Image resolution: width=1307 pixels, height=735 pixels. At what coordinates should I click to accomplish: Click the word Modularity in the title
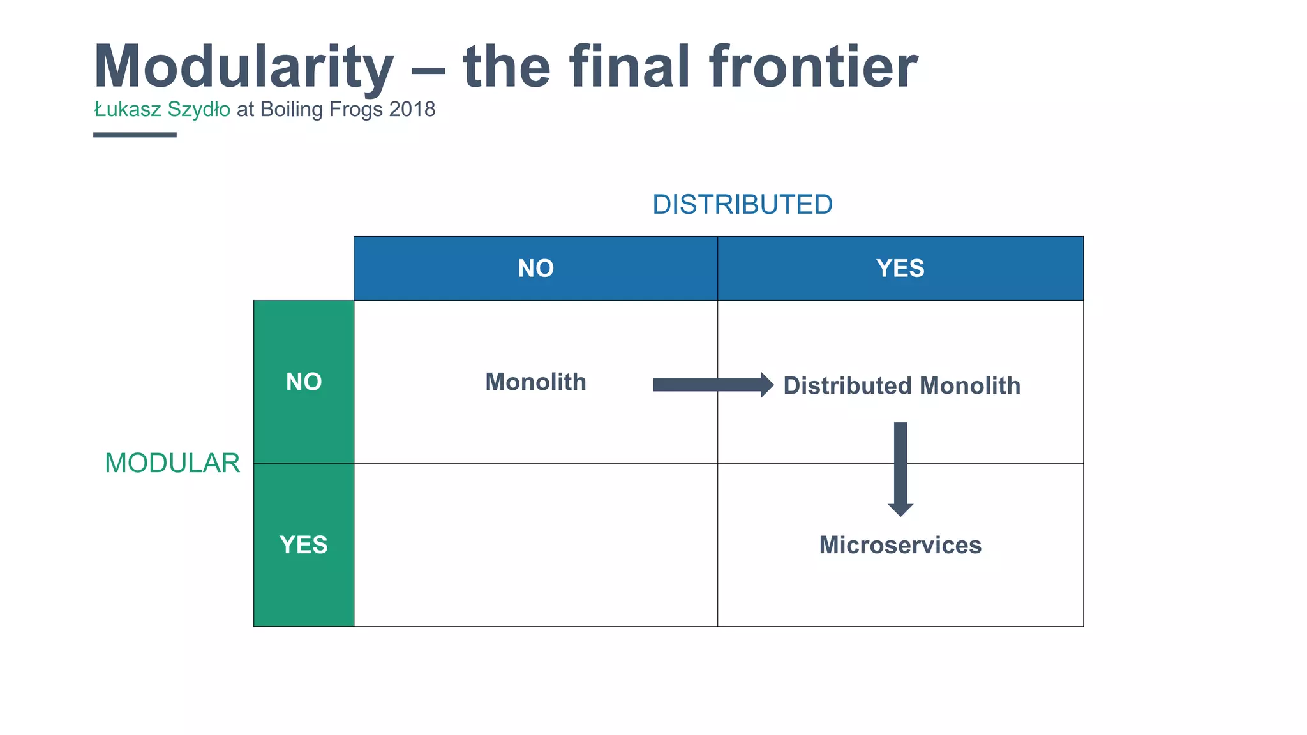tap(244, 68)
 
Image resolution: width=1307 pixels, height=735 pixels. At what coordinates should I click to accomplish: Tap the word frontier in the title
tap(813, 66)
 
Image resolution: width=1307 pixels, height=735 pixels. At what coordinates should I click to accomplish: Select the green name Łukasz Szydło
tap(162, 110)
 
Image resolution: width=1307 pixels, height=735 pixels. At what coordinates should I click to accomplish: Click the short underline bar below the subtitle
tap(135, 135)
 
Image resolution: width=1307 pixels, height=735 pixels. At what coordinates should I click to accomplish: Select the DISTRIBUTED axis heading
tap(742, 205)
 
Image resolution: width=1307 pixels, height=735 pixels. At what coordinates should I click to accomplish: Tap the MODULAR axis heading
tap(172, 463)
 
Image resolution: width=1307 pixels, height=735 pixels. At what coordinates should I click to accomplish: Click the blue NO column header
tap(535, 269)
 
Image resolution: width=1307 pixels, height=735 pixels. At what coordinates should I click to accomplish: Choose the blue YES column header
tap(900, 269)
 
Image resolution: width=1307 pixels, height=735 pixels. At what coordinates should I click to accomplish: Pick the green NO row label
tap(304, 382)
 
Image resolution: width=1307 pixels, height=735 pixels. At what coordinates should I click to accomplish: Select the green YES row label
tap(304, 545)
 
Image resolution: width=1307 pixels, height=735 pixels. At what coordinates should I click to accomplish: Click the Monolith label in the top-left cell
tap(535, 382)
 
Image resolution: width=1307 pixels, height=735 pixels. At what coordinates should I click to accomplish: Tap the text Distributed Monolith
tap(901, 386)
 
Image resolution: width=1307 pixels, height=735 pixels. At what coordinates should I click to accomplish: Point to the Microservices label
tap(900, 546)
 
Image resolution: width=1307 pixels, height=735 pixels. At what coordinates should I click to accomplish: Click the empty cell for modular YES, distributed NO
tap(535, 545)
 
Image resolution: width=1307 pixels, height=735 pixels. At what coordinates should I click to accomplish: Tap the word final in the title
tap(631, 66)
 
